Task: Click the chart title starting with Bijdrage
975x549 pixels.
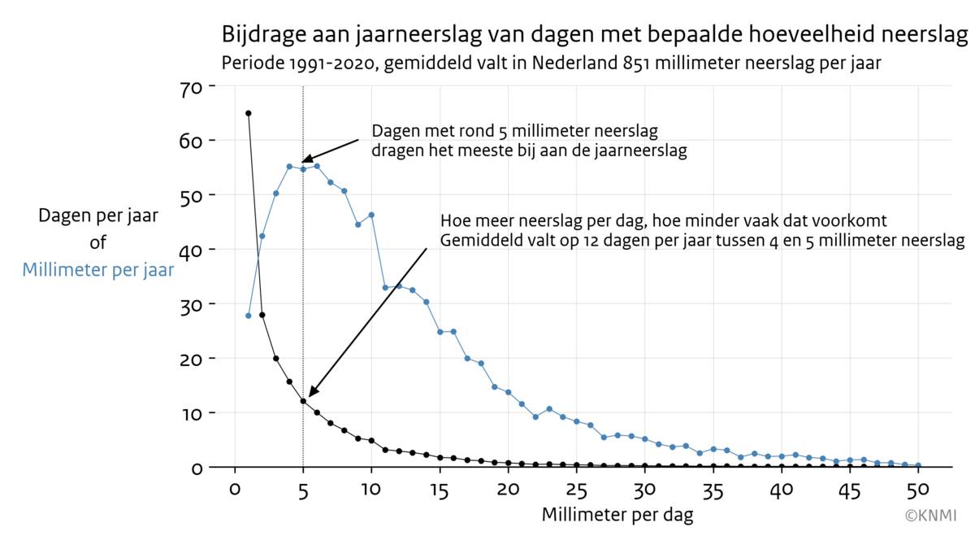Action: point(595,36)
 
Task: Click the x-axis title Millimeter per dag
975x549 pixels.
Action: point(617,515)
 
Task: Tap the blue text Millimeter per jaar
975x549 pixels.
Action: point(98,270)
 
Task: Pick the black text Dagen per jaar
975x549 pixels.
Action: point(98,216)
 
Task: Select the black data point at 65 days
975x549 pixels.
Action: point(248,113)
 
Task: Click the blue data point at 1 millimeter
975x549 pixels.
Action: point(248,316)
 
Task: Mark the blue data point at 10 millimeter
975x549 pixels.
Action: point(371,215)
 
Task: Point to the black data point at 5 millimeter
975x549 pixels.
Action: point(303,401)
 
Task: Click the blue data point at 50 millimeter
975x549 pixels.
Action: point(918,466)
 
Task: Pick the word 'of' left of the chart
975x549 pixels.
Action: point(98,242)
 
